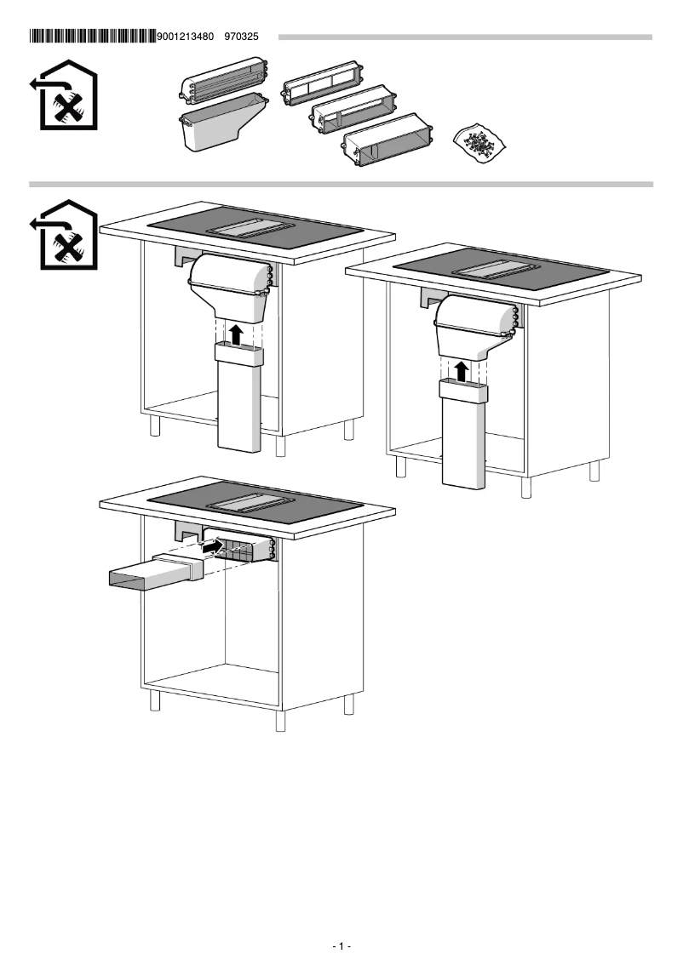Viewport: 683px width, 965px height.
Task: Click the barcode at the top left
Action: [93, 37]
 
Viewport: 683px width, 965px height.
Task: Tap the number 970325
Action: [241, 37]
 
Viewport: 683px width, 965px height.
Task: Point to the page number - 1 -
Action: [341, 946]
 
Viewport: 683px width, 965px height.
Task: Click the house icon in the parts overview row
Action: [69, 95]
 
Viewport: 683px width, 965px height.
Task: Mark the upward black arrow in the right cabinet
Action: [461, 370]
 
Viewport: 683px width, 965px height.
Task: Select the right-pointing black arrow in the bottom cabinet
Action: [212, 548]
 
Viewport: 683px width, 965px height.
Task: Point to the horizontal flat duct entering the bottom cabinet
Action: [153, 572]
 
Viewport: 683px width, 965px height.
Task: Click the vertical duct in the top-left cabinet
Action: [238, 400]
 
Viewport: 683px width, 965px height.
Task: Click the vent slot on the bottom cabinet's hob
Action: [254, 503]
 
